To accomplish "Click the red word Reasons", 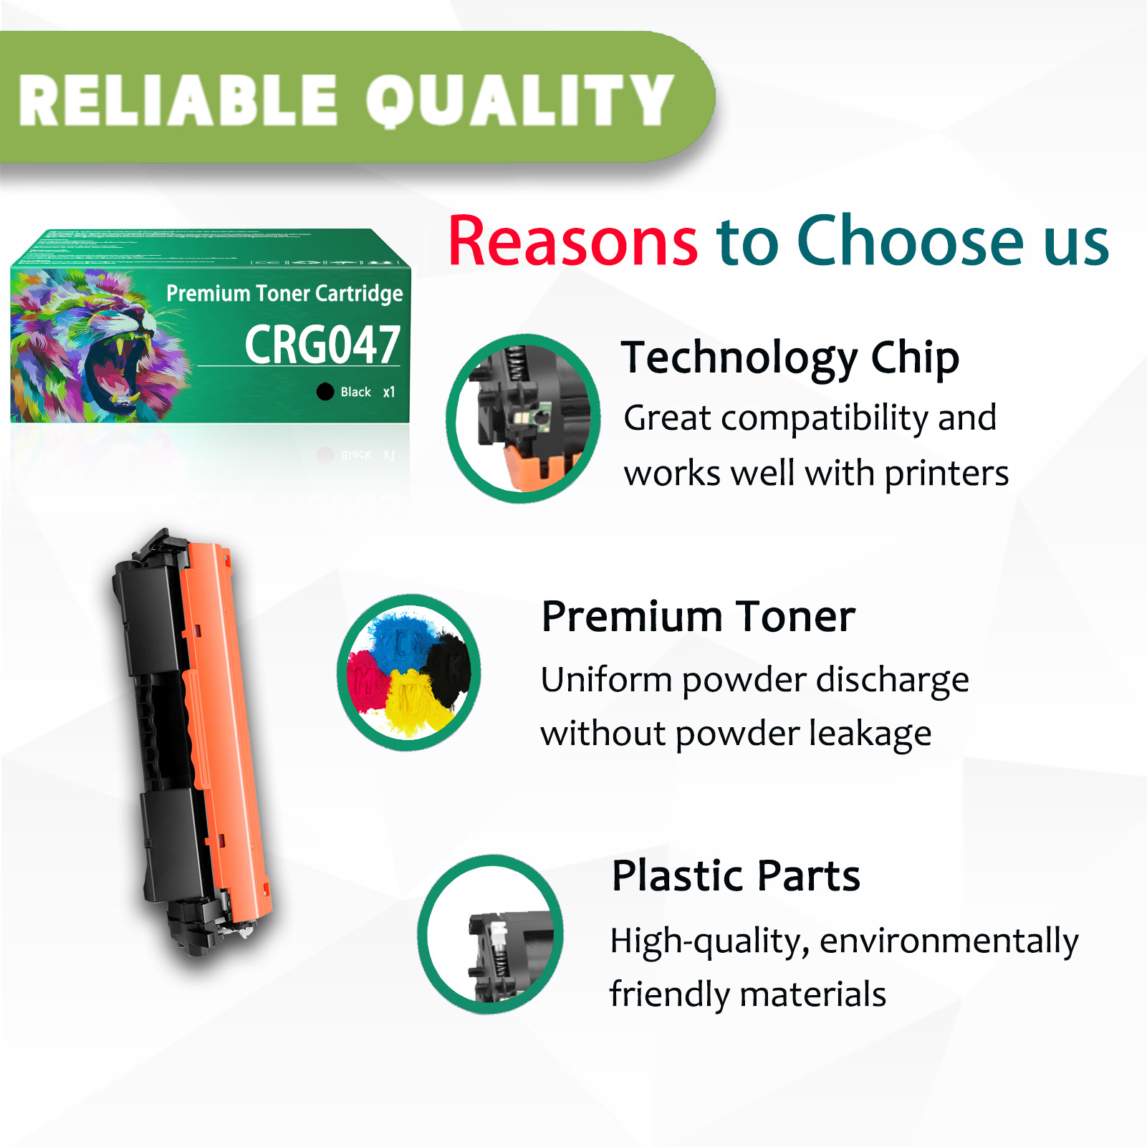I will pos(572,241).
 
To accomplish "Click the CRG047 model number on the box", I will pos(322,345).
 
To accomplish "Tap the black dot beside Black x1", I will pos(325,391).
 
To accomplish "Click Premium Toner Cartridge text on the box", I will pos(284,293).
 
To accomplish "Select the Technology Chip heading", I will pos(790,357).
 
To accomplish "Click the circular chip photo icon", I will pos(523,418).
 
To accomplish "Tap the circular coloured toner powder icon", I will pos(409,672).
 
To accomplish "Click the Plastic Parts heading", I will pos(736,875).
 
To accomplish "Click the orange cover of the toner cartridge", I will pos(221,716).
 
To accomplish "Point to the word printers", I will pos(946,474).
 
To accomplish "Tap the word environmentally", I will pos(949,941).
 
